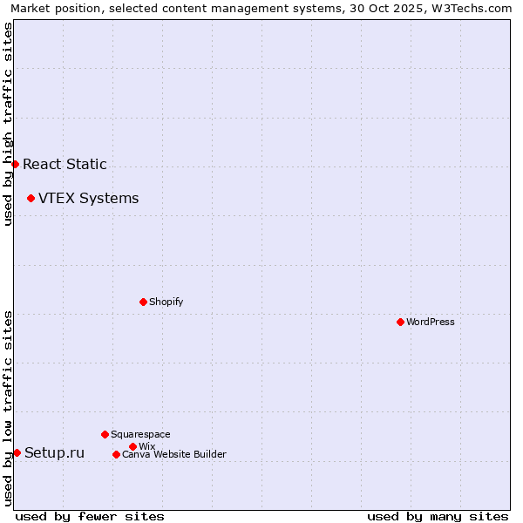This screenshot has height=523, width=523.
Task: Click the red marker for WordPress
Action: [400, 322]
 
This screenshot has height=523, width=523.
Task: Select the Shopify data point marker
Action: [143, 302]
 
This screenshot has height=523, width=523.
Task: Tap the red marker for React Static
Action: [15, 164]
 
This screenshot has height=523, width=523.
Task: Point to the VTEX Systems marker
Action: [31, 198]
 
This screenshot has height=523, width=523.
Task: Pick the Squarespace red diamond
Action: [105, 434]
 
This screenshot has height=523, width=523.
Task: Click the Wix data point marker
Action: [132, 446]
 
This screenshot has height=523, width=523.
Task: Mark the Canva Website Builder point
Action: [116, 454]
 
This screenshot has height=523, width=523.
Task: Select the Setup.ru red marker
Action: [17, 452]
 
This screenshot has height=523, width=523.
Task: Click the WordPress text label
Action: [431, 322]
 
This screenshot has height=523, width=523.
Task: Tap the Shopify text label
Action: [166, 302]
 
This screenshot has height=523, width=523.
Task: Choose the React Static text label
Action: [65, 164]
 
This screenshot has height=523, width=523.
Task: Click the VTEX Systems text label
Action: [88, 198]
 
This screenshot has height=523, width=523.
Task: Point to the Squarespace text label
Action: [140, 434]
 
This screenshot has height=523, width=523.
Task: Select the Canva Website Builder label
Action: [174, 454]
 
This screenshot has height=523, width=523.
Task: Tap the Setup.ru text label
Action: [54, 452]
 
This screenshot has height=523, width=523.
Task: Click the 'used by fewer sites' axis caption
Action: [90, 516]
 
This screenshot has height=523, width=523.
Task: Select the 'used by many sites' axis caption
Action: [438, 516]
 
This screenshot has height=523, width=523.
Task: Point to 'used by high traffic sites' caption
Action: [8, 124]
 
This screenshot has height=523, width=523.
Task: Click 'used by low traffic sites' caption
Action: [8, 408]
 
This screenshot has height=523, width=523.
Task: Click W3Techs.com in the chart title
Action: [478, 8]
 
